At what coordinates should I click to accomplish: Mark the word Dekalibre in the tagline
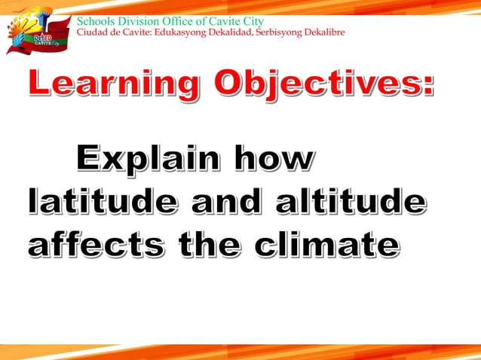point(324,32)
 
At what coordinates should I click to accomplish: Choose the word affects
point(95,246)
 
